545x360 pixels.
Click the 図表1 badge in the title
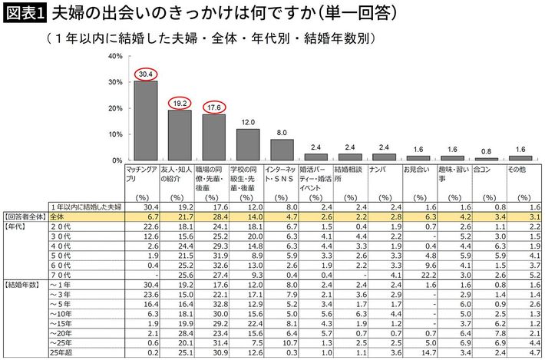coord(25,13)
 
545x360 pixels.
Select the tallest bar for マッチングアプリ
coord(145,121)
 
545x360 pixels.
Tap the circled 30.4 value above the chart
coord(144,73)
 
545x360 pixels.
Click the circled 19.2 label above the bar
coord(179,102)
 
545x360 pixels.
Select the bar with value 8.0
coord(282,150)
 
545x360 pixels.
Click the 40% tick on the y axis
coord(115,56)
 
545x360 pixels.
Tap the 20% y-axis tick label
coord(115,108)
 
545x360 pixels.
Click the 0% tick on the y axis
coord(117,160)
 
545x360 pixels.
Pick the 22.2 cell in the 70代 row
coord(427,274)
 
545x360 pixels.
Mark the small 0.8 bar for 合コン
coord(486,159)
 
